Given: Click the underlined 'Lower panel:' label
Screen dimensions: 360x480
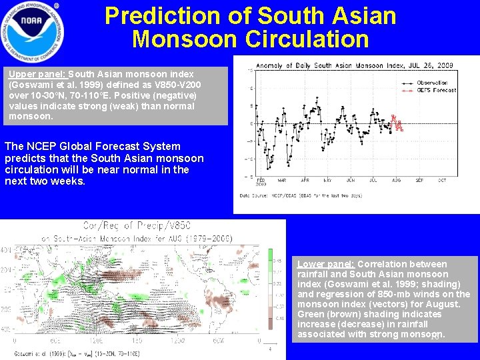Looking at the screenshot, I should [326, 264].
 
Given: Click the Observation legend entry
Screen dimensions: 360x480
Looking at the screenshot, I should [438, 83].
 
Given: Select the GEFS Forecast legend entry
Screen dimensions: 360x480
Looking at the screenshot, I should [437, 90].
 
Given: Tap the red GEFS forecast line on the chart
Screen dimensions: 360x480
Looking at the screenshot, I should [397, 124].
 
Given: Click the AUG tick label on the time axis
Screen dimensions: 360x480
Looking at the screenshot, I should [397, 181].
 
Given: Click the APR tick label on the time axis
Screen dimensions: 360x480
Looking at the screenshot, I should [305, 181].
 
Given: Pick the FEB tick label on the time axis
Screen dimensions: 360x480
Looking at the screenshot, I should [260, 181].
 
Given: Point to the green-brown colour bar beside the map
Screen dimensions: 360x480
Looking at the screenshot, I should [270, 293].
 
